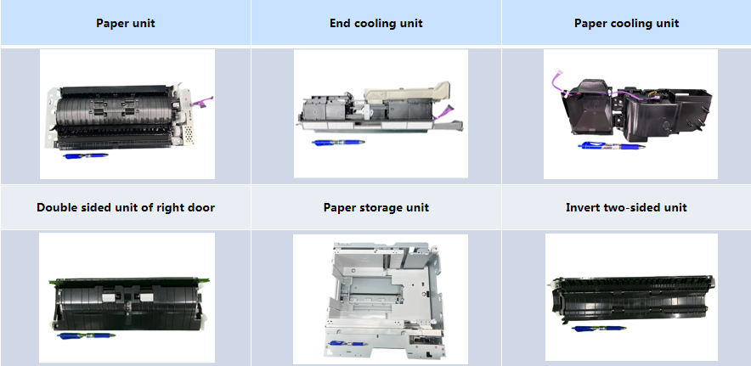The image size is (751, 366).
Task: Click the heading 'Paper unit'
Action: click(x=126, y=23)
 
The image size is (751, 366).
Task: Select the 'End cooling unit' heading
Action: click(x=376, y=23)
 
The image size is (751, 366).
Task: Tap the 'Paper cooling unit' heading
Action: click(x=626, y=23)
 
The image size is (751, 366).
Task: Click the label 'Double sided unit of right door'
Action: click(x=126, y=207)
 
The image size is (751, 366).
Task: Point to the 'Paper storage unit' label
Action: click(x=376, y=207)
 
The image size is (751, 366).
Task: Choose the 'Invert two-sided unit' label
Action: click(x=626, y=207)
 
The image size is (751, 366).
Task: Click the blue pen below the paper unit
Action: click(x=86, y=155)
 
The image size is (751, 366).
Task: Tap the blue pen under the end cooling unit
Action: click(x=338, y=143)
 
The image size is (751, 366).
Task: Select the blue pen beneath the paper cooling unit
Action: click(x=611, y=145)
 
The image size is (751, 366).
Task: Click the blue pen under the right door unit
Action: click(x=86, y=335)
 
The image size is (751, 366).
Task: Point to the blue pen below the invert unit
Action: click(x=599, y=329)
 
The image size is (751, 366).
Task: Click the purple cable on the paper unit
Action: click(x=201, y=102)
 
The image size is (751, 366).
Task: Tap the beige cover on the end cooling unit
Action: click(x=407, y=92)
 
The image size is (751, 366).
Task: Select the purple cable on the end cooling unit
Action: click(x=443, y=111)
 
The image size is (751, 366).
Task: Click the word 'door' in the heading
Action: click(x=201, y=207)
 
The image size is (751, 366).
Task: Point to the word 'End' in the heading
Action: click(x=340, y=23)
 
